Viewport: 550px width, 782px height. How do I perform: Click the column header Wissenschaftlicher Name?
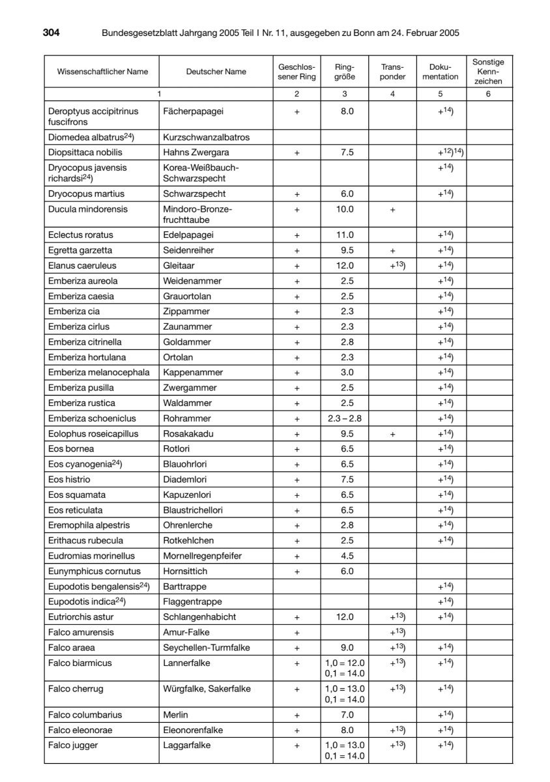tap(102, 72)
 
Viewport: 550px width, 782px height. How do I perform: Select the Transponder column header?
tap(392, 72)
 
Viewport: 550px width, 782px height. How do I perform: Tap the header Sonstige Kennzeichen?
tap(488, 72)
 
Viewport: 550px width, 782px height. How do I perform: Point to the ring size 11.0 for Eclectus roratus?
tap(347, 235)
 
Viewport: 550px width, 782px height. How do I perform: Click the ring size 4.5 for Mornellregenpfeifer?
tap(347, 556)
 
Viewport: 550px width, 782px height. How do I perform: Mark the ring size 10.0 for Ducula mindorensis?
tap(347, 209)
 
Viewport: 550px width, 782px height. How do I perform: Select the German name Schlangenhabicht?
tap(199, 616)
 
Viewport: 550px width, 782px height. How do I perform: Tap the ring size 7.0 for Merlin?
tap(347, 715)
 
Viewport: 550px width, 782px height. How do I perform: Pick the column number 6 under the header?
tap(488, 94)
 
